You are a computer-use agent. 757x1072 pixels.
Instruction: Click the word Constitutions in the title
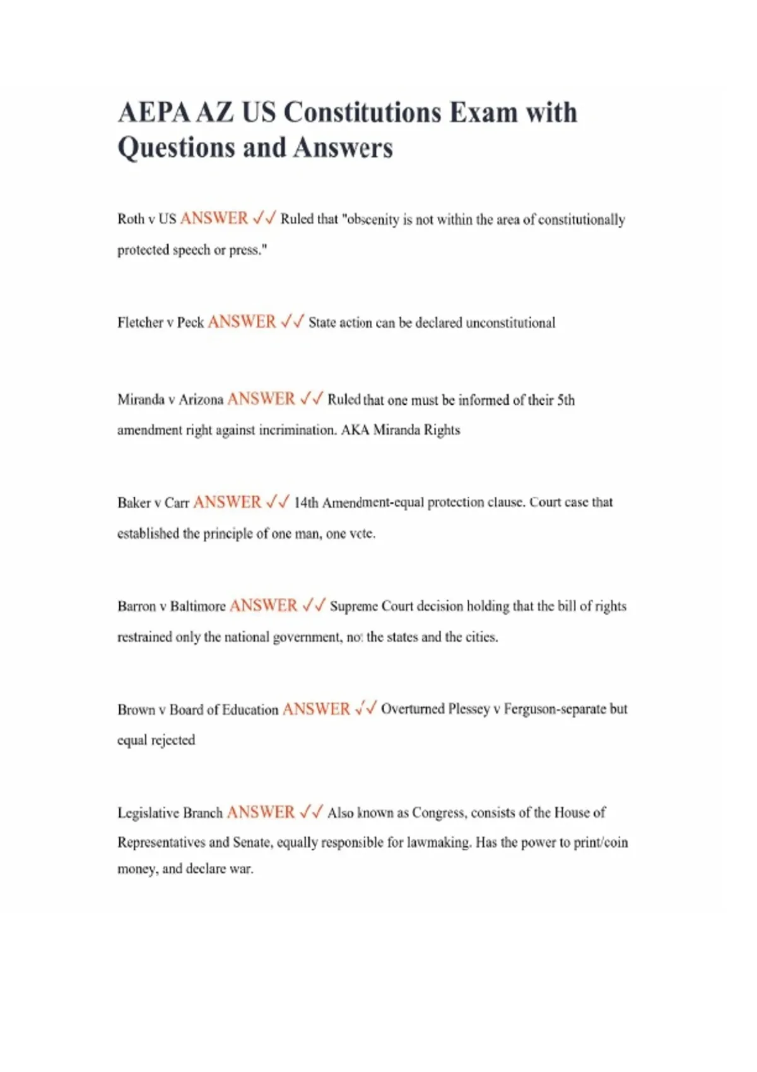tap(363, 113)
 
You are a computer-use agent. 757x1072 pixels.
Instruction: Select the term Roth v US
tap(146, 219)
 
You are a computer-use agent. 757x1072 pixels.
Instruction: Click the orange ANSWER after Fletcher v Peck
tap(242, 322)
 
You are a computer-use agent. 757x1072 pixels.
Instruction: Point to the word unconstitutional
tap(510, 323)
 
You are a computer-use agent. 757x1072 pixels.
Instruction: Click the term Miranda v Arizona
tap(170, 400)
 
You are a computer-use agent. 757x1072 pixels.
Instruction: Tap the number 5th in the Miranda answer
tap(566, 400)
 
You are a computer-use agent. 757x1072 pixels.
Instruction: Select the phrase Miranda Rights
tap(416, 430)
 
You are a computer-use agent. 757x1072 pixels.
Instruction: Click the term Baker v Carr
tap(153, 503)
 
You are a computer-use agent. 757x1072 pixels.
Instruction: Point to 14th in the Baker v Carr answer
tap(306, 503)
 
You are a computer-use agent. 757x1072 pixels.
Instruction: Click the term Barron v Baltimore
tap(172, 606)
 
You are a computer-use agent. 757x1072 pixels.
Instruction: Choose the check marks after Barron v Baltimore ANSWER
tap(314, 605)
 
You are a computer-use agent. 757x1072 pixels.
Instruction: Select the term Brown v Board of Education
tap(197, 709)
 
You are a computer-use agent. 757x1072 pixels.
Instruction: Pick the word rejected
tap(173, 740)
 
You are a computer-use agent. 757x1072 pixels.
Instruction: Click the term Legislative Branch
tap(170, 813)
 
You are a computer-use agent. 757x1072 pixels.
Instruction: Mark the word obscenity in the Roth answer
tap(373, 219)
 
